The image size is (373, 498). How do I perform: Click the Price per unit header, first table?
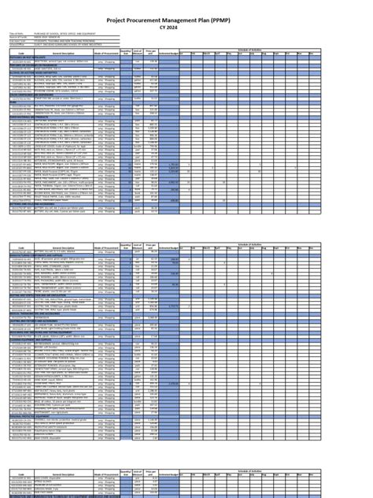[x=152, y=53]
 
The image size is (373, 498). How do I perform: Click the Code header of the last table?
[x=21, y=476]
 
